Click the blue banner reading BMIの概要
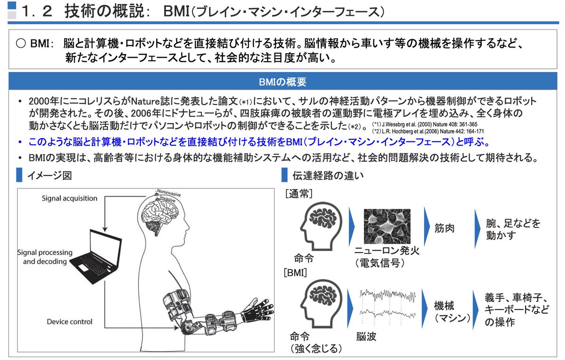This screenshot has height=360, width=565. tap(282, 82)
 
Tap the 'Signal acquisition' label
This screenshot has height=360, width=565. tap(69, 198)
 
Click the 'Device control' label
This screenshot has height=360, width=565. tap(69, 322)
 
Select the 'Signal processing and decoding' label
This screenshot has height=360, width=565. tap(45, 257)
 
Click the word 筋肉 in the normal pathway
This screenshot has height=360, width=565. tap(445, 229)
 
